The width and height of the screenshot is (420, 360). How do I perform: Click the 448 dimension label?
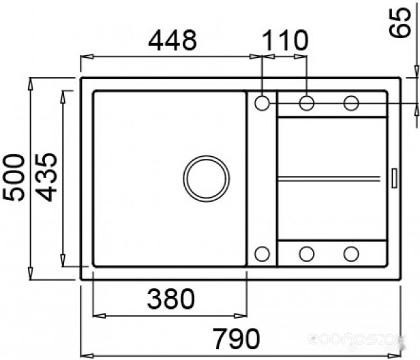[x=172, y=40]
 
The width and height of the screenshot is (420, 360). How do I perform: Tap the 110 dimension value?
[x=284, y=40]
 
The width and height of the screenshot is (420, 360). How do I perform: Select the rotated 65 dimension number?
[x=400, y=22]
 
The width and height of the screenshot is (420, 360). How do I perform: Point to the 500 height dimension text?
[x=14, y=177]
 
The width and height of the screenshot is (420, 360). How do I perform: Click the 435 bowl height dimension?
[x=46, y=177]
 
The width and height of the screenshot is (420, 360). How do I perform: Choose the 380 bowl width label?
[x=171, y=299]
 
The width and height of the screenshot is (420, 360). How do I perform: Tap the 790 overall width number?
[x=236, y=338]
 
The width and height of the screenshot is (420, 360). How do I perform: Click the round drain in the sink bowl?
[x=206, y=179]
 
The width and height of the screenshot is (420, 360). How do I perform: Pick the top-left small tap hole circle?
[x=262, y=103]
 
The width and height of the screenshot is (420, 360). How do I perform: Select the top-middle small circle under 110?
[x=307, y=103]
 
